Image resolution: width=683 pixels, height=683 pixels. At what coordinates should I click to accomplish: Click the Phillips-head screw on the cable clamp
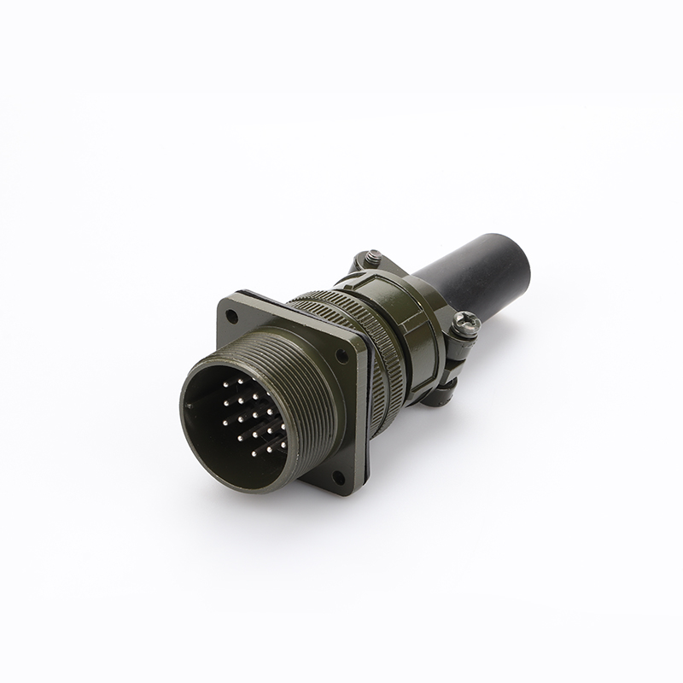click(x=467, y=321)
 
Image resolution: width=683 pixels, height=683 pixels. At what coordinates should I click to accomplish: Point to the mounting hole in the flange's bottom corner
click(x=337, y=477)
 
